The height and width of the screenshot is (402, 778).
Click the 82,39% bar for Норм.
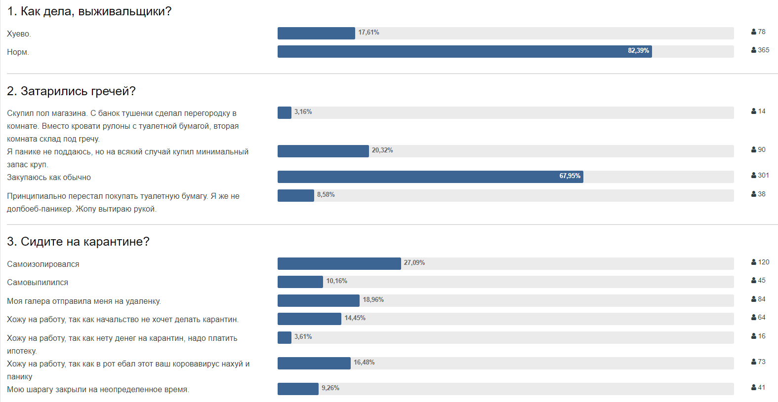[x=464, y=51]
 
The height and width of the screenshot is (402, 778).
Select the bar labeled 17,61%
[x=316, y=33]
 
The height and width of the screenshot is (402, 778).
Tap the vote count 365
[x=763, y=50]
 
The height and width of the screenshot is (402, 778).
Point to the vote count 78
[x=761, y=32]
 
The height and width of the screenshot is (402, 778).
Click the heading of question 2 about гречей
[x=71, y=91]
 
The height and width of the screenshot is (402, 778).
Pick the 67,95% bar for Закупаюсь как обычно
[x=430, y=177]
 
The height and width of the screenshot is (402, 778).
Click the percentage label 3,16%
[x=303, y=112]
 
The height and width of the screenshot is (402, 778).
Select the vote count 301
[x=763, y=175]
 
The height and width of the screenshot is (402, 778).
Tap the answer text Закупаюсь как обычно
[x=49, y=178]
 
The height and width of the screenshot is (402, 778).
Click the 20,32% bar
[x=323, y=151]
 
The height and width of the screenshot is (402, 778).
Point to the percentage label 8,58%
[x=326, y=195]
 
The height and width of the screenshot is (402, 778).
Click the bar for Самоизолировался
[x=339, y=263]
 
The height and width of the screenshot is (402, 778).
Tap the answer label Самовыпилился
[x=38, y=283]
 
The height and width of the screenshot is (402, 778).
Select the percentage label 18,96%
[x=373, y=300]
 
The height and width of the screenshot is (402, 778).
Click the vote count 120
[x=763, y=262]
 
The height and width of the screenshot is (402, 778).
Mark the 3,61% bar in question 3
[x=285, y=337]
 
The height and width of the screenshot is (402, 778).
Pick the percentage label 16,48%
[x=364, y=363]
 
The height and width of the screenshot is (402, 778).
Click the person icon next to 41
[x=754, y=387]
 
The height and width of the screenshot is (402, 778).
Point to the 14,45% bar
[x=309, y=319]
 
